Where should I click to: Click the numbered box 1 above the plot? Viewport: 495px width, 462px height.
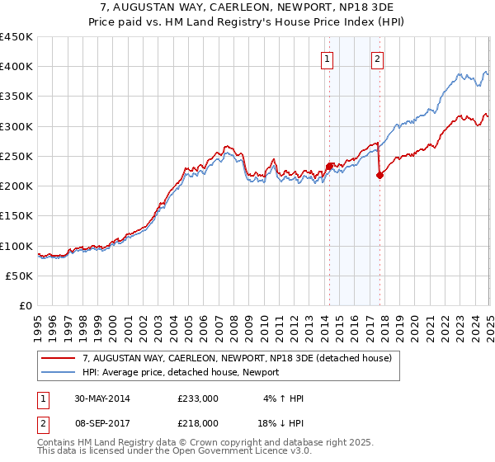pos(328,59)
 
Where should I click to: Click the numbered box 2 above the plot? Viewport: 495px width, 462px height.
pos(377,59)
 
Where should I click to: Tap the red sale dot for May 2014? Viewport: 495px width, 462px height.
pos(329,166)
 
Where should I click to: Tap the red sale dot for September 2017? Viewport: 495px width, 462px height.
pos(379,175)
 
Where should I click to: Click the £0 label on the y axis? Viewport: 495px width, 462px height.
pos(26,306)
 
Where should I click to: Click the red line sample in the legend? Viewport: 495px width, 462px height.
pos(59,358)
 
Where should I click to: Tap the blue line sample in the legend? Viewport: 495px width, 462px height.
pos(59,372)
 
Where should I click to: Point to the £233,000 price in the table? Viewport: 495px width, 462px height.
pos(197,398)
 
